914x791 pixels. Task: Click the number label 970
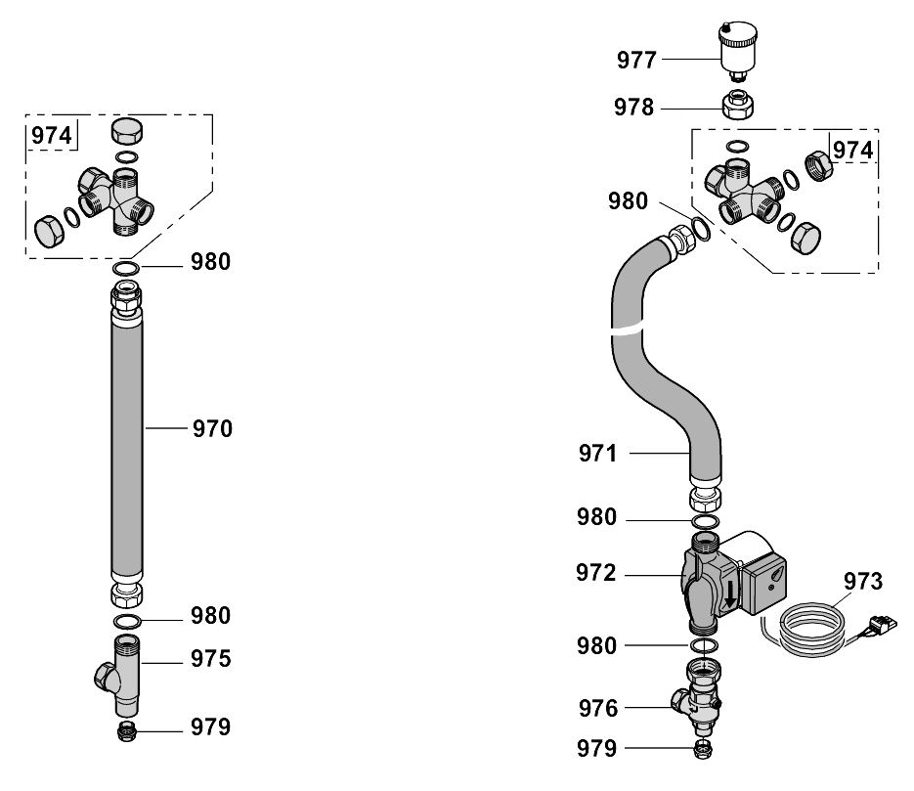[211, 428]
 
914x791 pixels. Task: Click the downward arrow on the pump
[729, 591]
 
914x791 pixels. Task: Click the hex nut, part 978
[739, 105]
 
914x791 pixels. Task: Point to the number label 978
[634, 107]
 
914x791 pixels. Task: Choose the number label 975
[211, 659]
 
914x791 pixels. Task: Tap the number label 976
[597, 708]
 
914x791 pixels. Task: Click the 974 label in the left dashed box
[52, 136]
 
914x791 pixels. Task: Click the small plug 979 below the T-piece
[126, 731]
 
